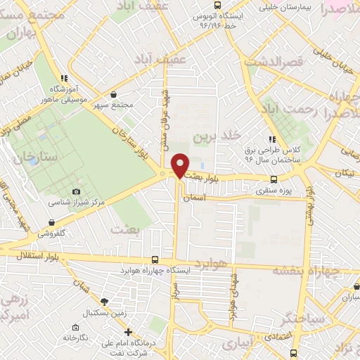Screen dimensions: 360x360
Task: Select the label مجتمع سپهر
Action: pyautogui.click(x=117, y=105)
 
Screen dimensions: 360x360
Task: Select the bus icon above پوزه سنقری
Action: pyautogui.click(x=274, y=179)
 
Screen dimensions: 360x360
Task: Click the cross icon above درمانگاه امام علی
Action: pyautogui.click(x=127, y=332)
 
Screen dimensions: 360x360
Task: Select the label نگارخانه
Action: pyautogui.click(x=74, y=337)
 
